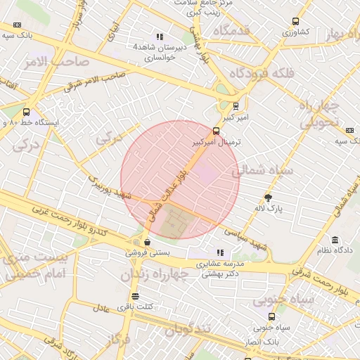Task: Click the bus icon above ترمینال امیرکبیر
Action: [216, 130]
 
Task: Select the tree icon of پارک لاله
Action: [268, 198]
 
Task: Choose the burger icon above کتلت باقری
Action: [135, 296]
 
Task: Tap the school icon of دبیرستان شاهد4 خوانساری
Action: [160, 36]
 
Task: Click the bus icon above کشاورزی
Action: [295, 21]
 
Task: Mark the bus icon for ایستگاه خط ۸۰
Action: [27, 112]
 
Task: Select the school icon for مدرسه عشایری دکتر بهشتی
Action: [221, 252]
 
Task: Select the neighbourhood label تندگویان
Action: [187, 330]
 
